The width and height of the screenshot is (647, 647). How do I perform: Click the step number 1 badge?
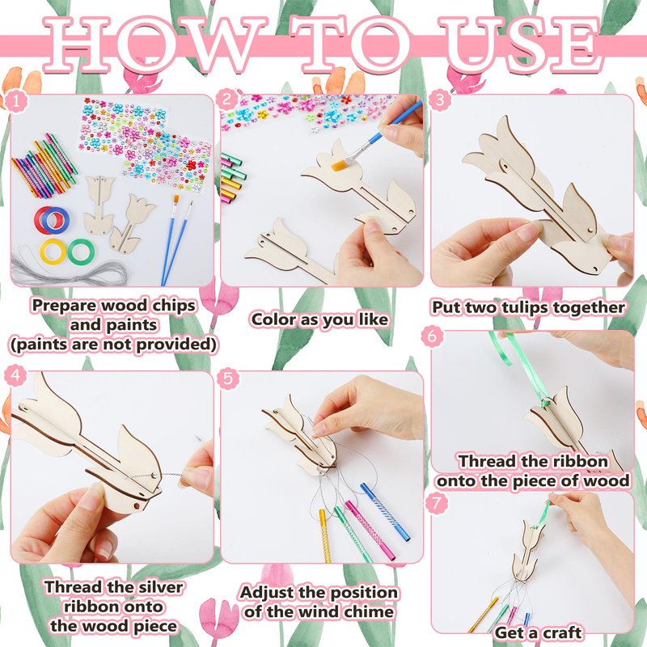click(x=15, y=102)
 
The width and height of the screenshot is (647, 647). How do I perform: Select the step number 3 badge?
click(x=439, y=100)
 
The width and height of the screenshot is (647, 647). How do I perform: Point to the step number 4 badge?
click(x=15, y=376)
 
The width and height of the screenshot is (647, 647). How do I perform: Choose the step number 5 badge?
click(x=228, y=378)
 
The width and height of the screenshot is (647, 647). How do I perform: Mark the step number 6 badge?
click(x=432, y=336)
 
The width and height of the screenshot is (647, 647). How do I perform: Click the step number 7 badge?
click(x=438, y=502)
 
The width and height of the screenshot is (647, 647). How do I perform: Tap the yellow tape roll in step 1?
click(x=53, y=252)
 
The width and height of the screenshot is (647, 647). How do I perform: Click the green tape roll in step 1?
click(x=81, y=252)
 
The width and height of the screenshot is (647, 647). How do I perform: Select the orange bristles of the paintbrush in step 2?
click(x=340, y=166)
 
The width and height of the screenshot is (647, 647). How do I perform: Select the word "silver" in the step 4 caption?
click(x=159, y=587)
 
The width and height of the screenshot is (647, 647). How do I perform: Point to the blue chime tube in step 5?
click(x=385, y=512)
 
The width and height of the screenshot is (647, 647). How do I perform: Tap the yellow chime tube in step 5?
click(x=325, y=535)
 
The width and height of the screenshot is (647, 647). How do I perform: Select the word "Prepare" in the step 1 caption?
click(x=65, y=307)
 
